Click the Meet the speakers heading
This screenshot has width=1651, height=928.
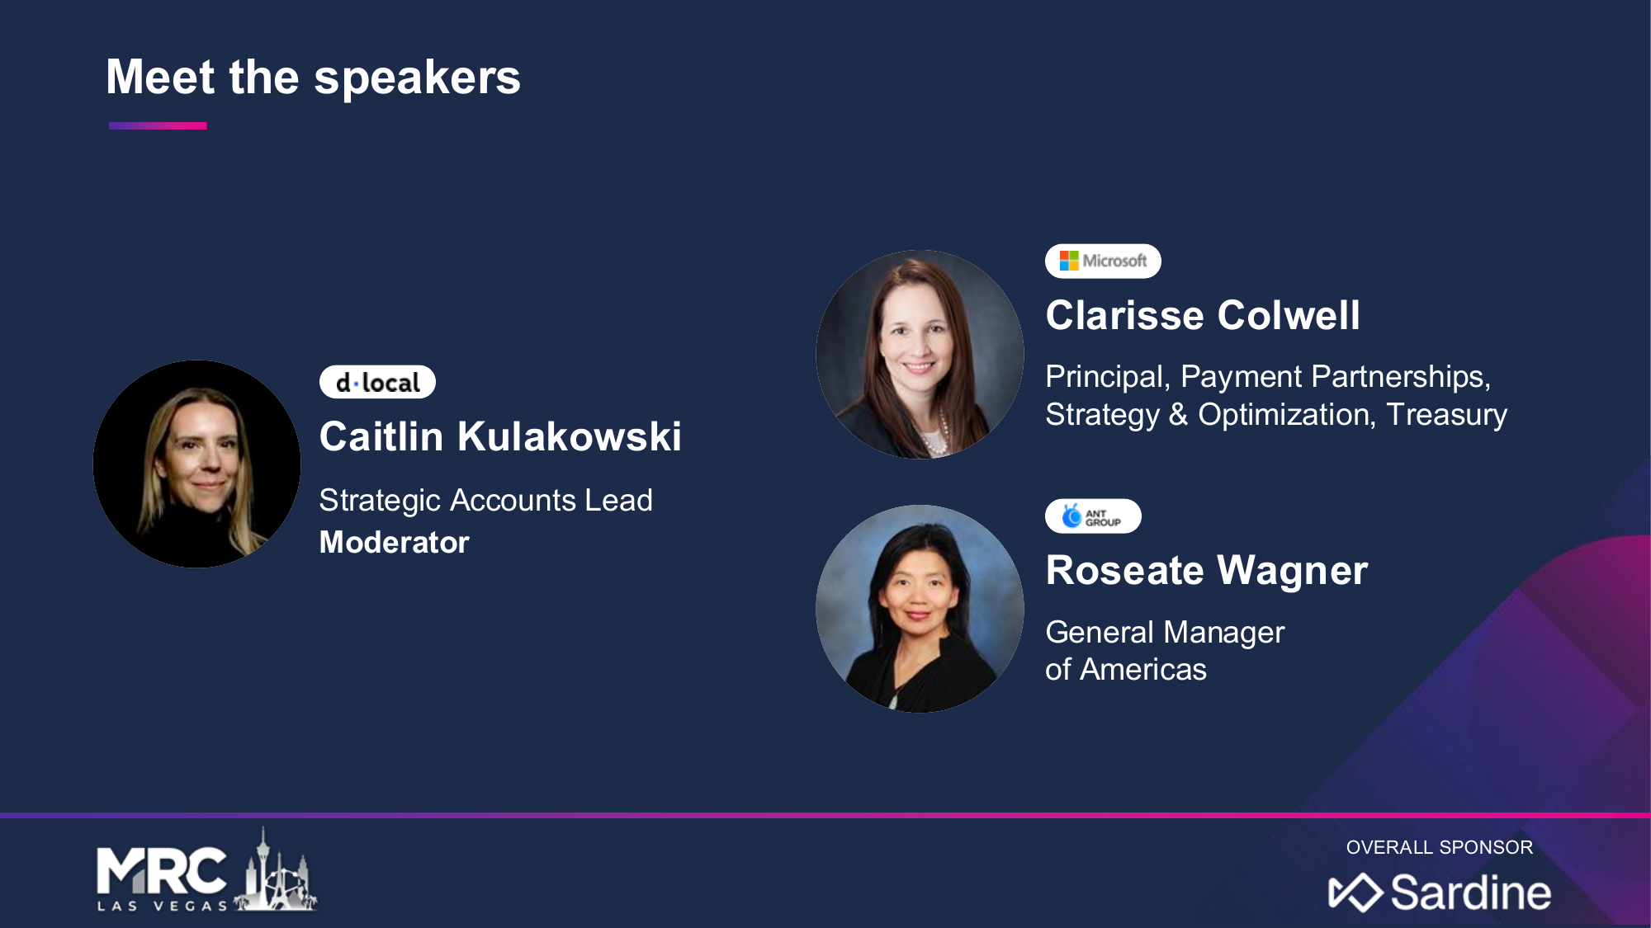[314, 78]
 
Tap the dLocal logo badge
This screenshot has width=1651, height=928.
[377, 382]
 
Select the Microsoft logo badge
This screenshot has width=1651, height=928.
[1103, 261]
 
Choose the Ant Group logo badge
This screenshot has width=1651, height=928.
[1093, 516]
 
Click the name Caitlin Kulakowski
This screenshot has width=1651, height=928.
[500, 436]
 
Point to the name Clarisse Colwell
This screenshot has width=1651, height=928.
[1203, 315]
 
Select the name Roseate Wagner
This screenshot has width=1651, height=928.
[1207, 570]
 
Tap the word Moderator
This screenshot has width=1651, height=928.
[395, 542]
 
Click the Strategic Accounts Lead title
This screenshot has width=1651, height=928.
[486, 500]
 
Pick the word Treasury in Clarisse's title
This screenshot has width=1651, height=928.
[1446, 414]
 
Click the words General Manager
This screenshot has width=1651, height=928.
[1165, 632]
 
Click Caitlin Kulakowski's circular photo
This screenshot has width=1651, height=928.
[196, 464]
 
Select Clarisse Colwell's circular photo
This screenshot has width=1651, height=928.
[920, 354]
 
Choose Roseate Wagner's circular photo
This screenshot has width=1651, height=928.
[920, 609]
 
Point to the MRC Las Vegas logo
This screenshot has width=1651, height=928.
[207, 871]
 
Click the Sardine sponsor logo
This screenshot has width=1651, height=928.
[1440, 893]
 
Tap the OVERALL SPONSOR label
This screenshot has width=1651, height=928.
[1440, 847]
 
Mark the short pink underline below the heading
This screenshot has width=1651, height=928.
[158, 126]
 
